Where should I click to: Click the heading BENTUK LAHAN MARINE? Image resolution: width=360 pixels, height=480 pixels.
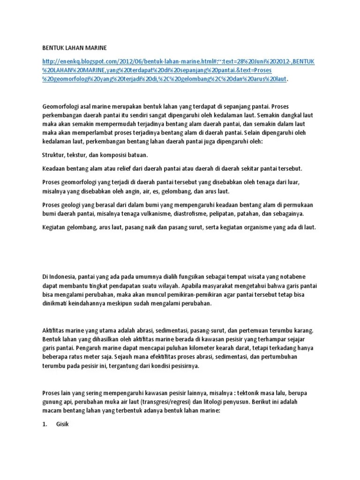pyautogui.click(x=75, y=47)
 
